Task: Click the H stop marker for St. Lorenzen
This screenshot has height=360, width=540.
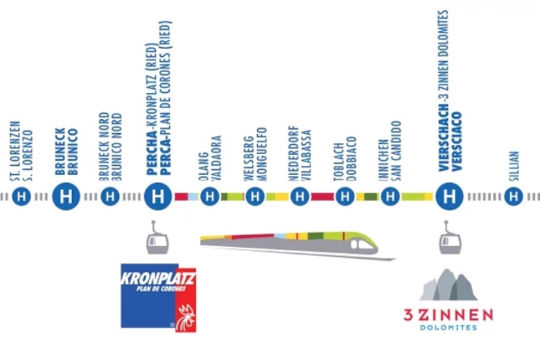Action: pyautogui.click(x=21, y=196)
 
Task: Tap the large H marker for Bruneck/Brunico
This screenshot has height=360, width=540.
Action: pyautogui.click(x=66, y=196)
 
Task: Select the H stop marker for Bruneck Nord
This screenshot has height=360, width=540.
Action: pyautogui.click(x=110, y=196)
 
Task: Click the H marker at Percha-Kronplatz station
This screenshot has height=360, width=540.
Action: pyautogui.click(x=158, y=196)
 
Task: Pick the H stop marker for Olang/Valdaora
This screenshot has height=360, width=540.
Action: pyautogui.click(x=210, y=196)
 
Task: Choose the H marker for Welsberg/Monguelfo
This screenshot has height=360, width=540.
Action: pyautogui.click(x=255, y=196)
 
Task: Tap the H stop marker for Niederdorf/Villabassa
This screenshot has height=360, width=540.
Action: pyautogui.click(x=300, y=196)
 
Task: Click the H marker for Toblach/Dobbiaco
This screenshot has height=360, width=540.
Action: pyautogui.click(x=345, y=196)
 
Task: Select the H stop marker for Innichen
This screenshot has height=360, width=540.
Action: pyautogui.click(x=390, y=196)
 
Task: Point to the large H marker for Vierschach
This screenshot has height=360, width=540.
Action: pyautogui.click(x=449, y=196)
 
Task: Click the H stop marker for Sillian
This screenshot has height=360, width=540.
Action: pyautogui.click(x=514, y=196)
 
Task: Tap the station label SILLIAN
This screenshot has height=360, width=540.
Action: pyautogui.click(x=514, y=166)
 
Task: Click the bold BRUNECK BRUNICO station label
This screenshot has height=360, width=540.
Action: pyautogui.click(x=66, y=152)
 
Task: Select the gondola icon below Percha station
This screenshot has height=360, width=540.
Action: pyautogui.click(x=157, y=238)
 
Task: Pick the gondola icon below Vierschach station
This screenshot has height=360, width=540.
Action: pyautogui.click(x=450, y=238)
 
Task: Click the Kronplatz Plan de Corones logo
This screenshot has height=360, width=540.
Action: pyautogui.click(x=159, y=298)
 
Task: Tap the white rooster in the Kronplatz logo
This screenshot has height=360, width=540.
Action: pyautogui.click(x=186, y=318)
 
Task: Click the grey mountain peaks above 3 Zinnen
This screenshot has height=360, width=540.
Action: pyautogui.click(x=448, y=284)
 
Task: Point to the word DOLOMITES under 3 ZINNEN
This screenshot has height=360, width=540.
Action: pyautogui.click(x=448, y=327)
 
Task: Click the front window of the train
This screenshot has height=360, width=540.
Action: pyautogui.click(x=365, y=245)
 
